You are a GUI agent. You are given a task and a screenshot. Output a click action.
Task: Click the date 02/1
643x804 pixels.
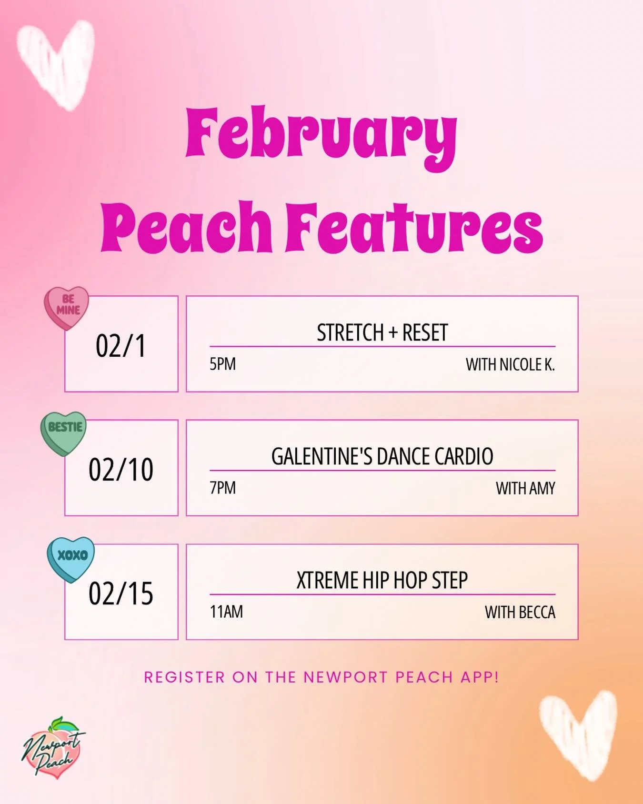(x=121, y=346)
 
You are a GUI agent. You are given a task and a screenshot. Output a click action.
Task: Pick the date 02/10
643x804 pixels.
(x=121, y=470)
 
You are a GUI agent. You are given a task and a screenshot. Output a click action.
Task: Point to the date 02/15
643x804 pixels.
(x=121, y=593)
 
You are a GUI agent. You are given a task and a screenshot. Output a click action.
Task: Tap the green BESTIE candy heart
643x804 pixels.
(x=64, y=432)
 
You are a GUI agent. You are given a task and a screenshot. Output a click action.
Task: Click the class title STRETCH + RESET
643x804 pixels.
(x=382, y=332)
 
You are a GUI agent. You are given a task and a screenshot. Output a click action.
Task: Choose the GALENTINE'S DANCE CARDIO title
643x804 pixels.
(x=382, y=456)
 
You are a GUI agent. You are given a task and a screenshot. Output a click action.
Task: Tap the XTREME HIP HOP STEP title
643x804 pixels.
(x=382, y=580)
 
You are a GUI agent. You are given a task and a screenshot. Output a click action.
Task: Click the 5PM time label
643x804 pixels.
(x=222, y=364)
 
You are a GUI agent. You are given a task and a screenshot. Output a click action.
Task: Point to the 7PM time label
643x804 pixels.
(x=222, y=488)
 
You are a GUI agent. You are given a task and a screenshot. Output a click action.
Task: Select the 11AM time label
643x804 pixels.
(x=226, y=612)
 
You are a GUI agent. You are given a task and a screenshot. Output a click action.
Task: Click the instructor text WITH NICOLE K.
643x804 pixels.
(x=510, y=365)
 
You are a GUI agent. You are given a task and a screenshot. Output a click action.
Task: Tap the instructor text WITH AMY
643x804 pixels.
(x=525, y=489)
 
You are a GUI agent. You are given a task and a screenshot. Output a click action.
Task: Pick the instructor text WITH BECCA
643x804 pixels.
(x=520, y=613)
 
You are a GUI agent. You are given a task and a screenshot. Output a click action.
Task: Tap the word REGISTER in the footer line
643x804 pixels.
(x=184, y=677)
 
